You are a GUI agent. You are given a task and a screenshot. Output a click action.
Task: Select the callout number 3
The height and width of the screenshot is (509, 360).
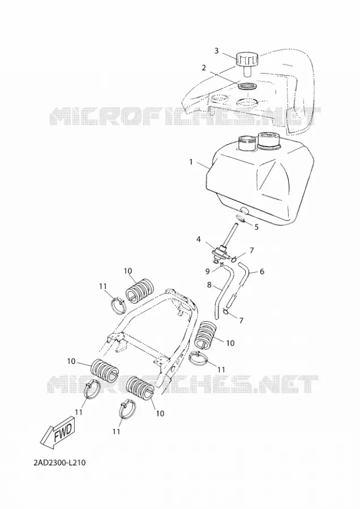(217, 51)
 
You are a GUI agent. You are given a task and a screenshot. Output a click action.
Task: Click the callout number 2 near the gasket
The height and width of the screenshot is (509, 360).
(204, 68)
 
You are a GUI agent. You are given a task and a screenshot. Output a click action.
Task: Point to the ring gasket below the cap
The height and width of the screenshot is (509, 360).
(247, 87)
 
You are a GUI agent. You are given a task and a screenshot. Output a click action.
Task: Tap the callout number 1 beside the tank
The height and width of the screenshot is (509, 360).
(191, 161)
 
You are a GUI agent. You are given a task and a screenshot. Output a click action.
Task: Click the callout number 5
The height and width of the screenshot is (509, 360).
(256, 227)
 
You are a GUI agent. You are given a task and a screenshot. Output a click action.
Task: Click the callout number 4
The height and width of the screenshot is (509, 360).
(198, 240)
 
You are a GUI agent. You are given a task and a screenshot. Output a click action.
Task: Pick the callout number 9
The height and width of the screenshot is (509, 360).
(208, 271)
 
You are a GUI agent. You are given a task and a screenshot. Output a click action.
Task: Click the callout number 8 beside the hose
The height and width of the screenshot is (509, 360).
(209, 284)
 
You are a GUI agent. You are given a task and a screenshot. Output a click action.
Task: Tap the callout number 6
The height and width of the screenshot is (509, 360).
(262, 271)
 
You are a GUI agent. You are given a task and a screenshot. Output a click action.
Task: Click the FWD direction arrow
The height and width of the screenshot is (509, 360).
(58, 432)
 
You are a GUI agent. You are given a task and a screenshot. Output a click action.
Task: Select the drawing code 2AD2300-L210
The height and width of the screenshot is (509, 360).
(59, 462)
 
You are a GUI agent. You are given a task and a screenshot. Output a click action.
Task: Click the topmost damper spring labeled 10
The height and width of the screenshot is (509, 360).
(141, 290)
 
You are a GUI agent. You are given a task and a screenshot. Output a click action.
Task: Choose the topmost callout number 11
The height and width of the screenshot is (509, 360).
(103, 286)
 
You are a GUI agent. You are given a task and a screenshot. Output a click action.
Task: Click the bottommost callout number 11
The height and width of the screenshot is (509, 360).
(116, 432)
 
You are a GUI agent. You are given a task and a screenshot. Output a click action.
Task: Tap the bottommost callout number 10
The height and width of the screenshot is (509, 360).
(160, 413)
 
